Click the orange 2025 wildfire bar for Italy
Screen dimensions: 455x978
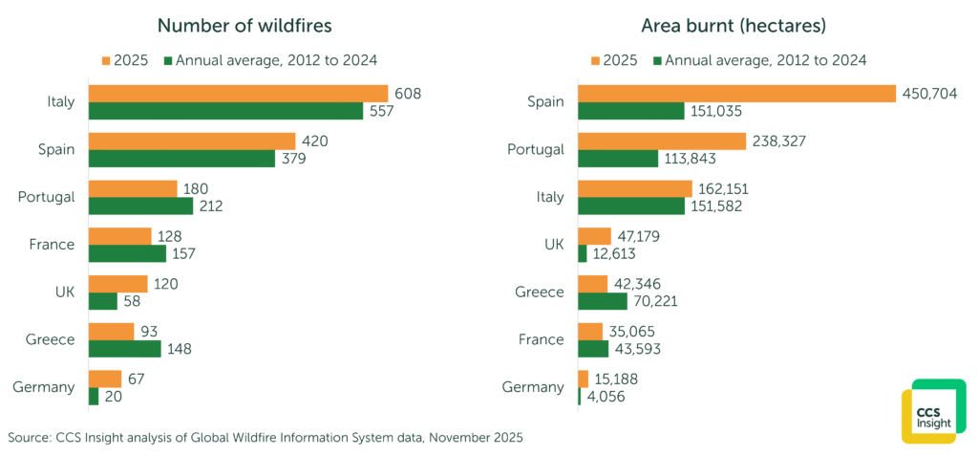click(238, 94)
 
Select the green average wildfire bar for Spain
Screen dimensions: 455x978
click(181, 158)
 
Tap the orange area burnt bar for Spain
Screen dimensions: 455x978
click(736, 94)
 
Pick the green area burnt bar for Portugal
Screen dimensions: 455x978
click(618, 158)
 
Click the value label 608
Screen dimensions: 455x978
click(408, 94)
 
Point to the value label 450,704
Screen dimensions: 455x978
click(930, 94)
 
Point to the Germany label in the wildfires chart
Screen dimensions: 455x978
click(44, 387)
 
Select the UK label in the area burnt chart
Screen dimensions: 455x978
click(553, 244)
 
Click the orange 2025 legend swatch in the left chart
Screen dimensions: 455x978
click(107, 60)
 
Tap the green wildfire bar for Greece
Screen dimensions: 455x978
click(124, 348)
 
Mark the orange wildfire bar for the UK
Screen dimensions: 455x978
click(117, 284)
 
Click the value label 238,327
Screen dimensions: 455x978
click(779, 141)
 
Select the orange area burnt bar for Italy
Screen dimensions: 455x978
click(635, 188)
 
